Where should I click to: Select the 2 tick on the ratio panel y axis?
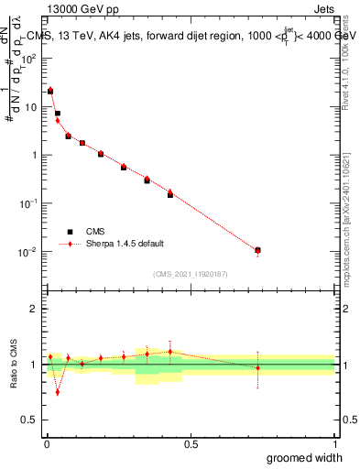[35, 309]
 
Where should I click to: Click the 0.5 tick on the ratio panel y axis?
[30, 421]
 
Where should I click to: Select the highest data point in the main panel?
[50, 91]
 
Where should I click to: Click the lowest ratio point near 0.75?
[58, 392]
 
